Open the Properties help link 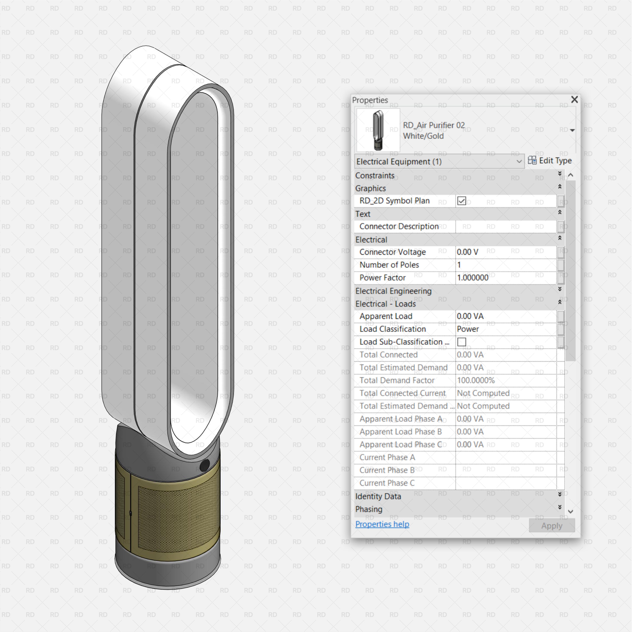pos(382,524)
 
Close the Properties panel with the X pos(574,100)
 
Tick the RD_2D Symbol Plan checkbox pos(462,201)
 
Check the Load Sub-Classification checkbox pos(462,342)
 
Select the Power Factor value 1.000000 pos(473,278)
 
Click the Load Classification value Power pos(468,329)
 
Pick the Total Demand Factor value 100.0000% pos(476,380)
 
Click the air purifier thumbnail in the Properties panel pos(378,130)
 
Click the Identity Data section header pos(378,497)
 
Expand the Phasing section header pos(369,509)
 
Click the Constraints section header pos(375,176)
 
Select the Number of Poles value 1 pos(459,265)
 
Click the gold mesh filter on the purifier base pos(177,517)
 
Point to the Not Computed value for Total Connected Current pos(483,393)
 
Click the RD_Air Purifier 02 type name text pos(434,125)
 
